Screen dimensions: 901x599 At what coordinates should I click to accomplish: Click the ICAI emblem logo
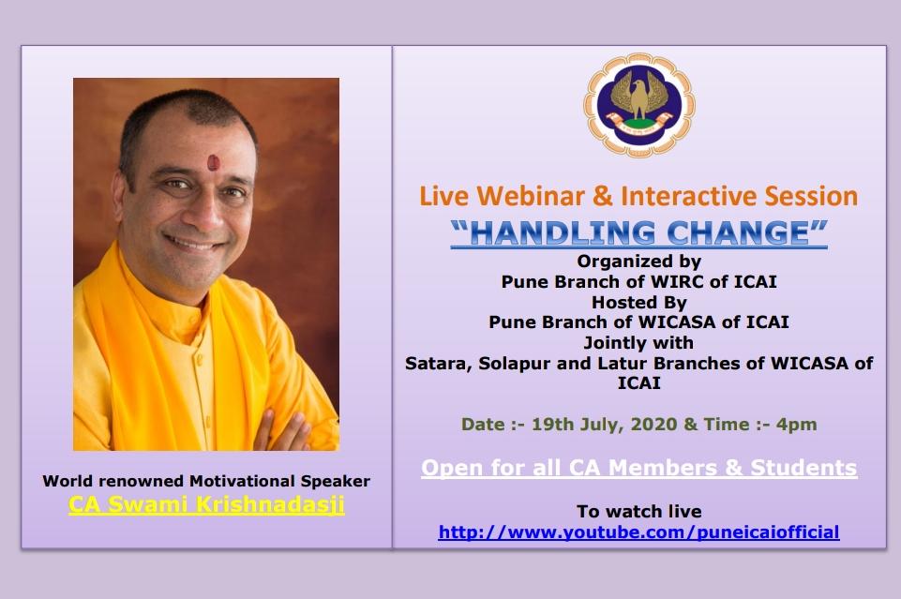(639, 105)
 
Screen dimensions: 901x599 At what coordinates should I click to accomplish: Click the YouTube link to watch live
(638, 532)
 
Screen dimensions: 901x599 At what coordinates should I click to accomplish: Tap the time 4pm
(796, 425)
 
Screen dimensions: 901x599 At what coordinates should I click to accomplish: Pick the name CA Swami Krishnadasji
(206, 505)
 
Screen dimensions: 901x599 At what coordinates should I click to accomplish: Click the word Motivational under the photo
(243, 481)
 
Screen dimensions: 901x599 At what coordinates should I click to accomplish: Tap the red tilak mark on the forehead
(213, 162)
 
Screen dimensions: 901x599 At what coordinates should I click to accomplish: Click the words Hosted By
(639, 302)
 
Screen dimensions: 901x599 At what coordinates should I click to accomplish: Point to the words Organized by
(639, 262)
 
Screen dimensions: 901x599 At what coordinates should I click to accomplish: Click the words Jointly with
(638, 343)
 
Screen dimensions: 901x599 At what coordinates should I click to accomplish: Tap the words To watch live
(639, 511)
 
